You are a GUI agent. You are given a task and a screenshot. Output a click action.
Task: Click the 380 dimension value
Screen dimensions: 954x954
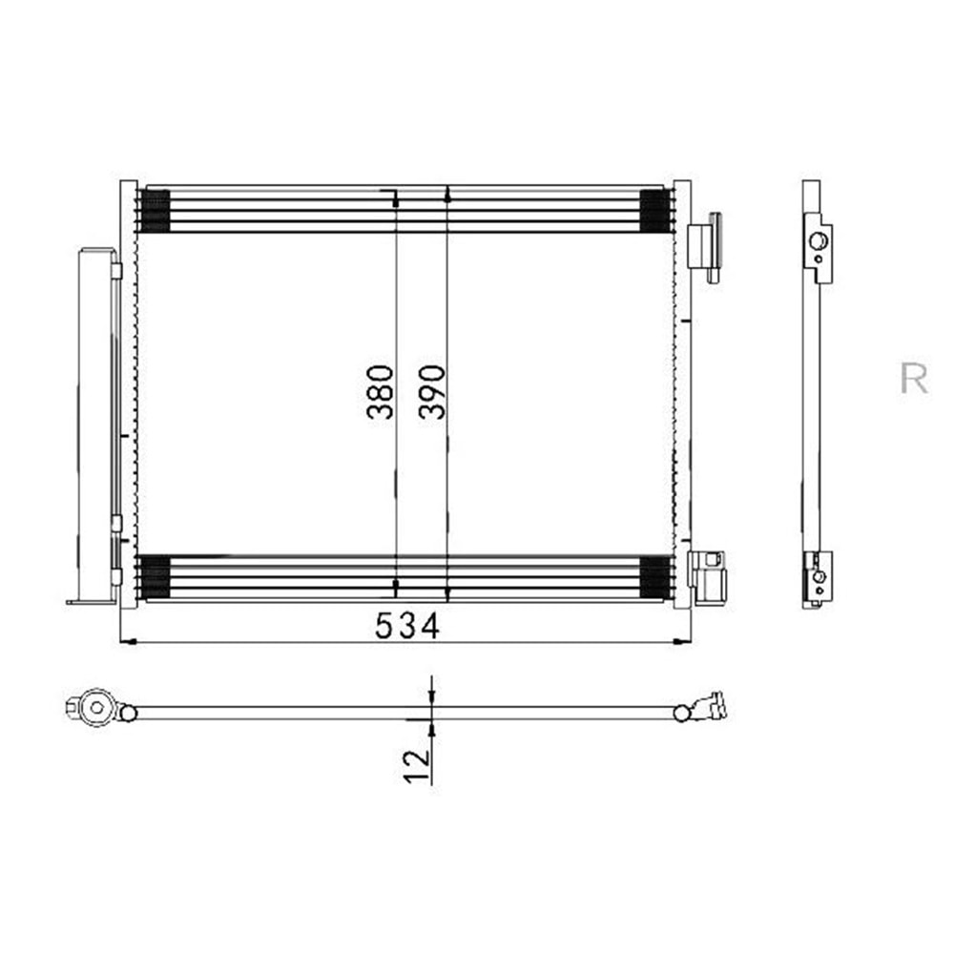coord(381,392)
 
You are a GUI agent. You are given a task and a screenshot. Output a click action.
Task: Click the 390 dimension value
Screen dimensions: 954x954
coord(432,392)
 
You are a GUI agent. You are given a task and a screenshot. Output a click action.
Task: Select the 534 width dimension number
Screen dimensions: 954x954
coord(407,626)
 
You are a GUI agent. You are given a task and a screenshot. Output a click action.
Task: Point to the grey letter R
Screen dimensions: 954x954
coord(914,379)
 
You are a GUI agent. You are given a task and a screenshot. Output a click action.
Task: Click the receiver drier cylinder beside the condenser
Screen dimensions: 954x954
coord(96,425)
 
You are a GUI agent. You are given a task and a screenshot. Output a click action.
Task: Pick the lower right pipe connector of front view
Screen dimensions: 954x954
coord(707,578)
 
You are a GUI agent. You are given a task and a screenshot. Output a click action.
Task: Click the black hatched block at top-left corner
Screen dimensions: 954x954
coord(155,211)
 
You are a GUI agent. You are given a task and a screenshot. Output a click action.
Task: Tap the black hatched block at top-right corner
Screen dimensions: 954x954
coord(655,211)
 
